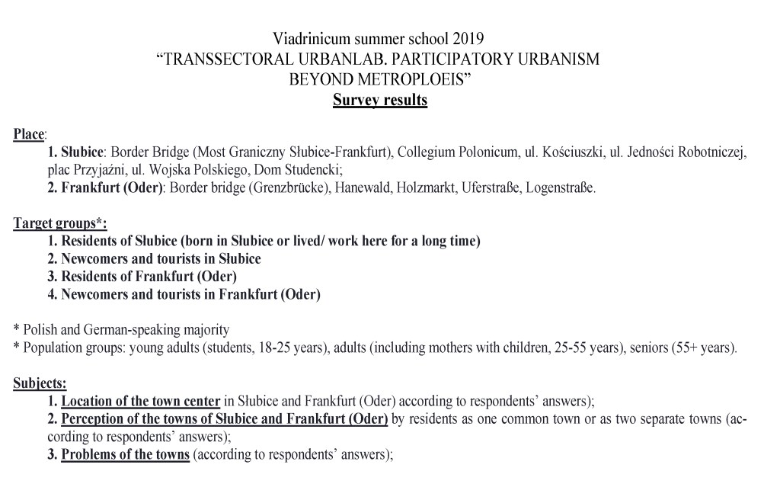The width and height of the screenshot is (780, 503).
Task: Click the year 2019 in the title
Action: (x=468, y=37)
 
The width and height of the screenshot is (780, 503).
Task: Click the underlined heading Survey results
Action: (x=379, y=101)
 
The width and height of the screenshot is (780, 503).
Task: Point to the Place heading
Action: (x=29, y=135)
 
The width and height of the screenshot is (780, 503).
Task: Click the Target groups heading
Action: (x=60, y=223)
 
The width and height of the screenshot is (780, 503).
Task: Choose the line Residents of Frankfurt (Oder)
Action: (x=142, y=276)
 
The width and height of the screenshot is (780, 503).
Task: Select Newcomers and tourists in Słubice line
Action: (x=154, y=258)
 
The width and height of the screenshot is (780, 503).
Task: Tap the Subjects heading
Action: (x=40, y=383)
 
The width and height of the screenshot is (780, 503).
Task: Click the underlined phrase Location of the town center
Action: (x=141, y=401)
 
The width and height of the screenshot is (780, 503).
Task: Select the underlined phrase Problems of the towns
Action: (x=126, y=455)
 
